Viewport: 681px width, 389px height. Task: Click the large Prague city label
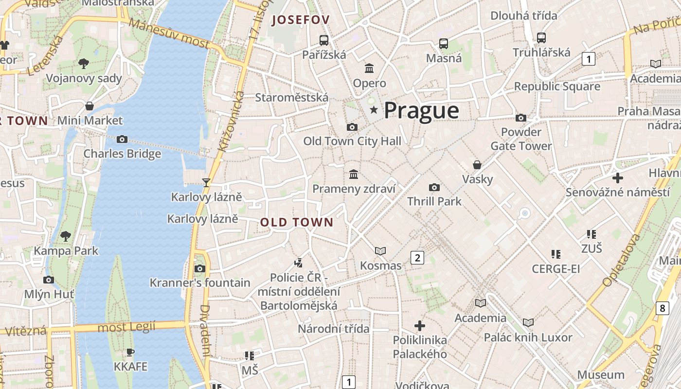coord(421,111)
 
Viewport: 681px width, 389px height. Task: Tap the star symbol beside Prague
coord(374,110)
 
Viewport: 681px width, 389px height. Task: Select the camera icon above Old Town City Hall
coord(352,127)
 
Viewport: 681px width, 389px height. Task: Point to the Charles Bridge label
coord(122,154)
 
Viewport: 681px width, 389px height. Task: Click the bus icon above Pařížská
coord(324,40)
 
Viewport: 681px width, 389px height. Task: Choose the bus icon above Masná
coord(444,44)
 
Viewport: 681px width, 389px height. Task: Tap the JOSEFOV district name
coord(301,20)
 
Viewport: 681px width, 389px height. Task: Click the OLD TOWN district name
coord(297,223)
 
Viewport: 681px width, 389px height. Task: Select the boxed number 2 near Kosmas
coord(417,258)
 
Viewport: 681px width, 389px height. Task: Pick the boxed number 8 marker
coord(662,308)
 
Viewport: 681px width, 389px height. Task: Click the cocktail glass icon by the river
coord(206,182)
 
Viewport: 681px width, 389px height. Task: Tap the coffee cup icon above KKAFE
coord(130,352)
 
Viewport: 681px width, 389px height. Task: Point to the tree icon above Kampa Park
coord(66,236)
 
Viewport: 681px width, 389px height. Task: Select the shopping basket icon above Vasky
coord(477,165)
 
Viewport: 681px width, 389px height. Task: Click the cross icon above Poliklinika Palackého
coord(420,325)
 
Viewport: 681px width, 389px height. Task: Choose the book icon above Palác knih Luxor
coord(528,322)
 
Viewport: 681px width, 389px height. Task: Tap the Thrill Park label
coord(434,201)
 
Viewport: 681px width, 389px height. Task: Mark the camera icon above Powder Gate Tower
coord(521,118)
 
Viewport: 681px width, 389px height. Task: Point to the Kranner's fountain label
coord(200,283)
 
